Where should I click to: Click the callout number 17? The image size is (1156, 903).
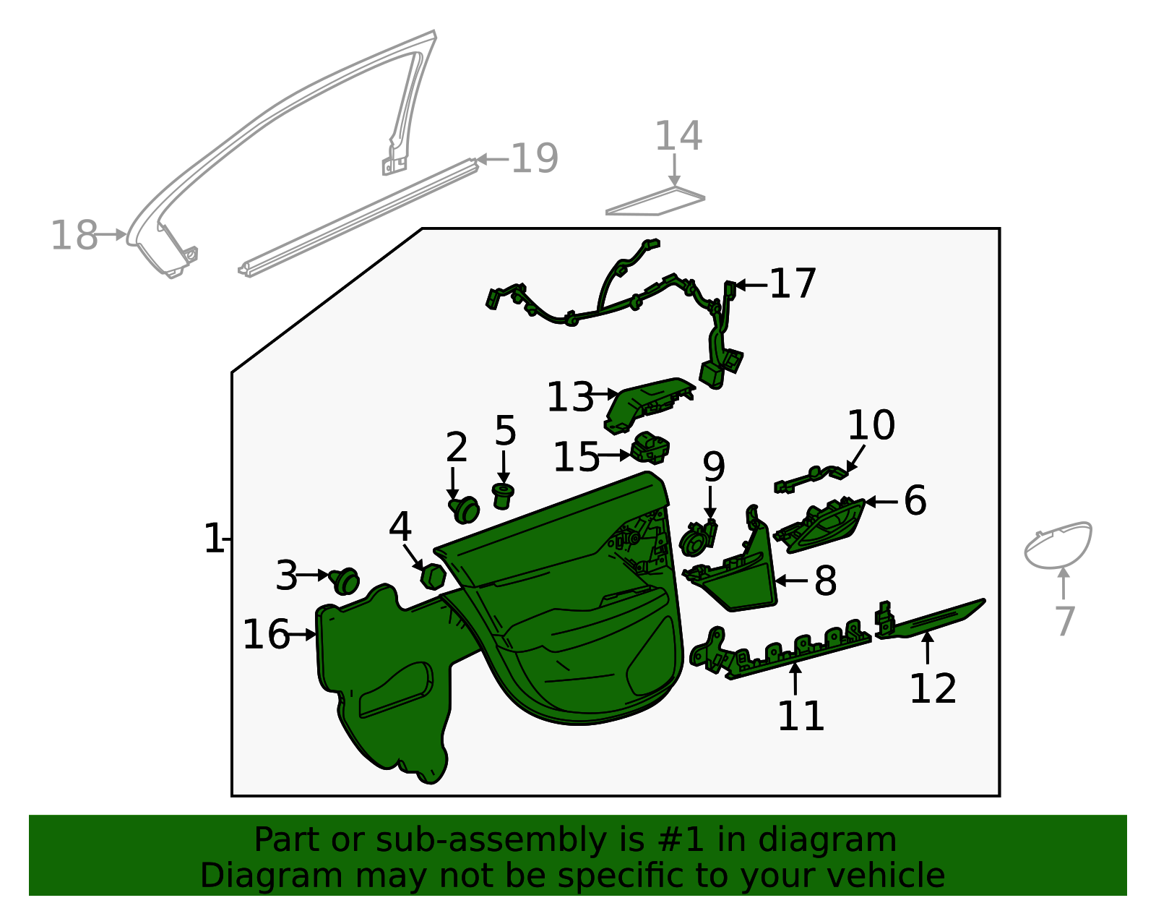tap(793, 283)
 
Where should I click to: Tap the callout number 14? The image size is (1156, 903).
tap(678, 137)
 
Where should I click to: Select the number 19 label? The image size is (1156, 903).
tap(535, 158)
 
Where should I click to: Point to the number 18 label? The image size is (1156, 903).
tap(74, 236)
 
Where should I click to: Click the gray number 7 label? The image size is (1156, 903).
tap(1065, 620)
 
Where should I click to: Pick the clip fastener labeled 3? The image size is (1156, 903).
tap(345, 580)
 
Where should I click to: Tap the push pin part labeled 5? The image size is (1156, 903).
tap(503, 496)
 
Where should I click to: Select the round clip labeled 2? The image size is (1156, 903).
tap(465, 509)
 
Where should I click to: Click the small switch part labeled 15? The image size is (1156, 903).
tap(650, 448)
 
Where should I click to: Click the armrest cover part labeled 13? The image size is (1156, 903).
tap(645, 403)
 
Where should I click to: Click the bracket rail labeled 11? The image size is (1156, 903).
tap(784, 651)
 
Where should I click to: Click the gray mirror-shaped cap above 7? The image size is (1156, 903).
tap(1058, 545)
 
